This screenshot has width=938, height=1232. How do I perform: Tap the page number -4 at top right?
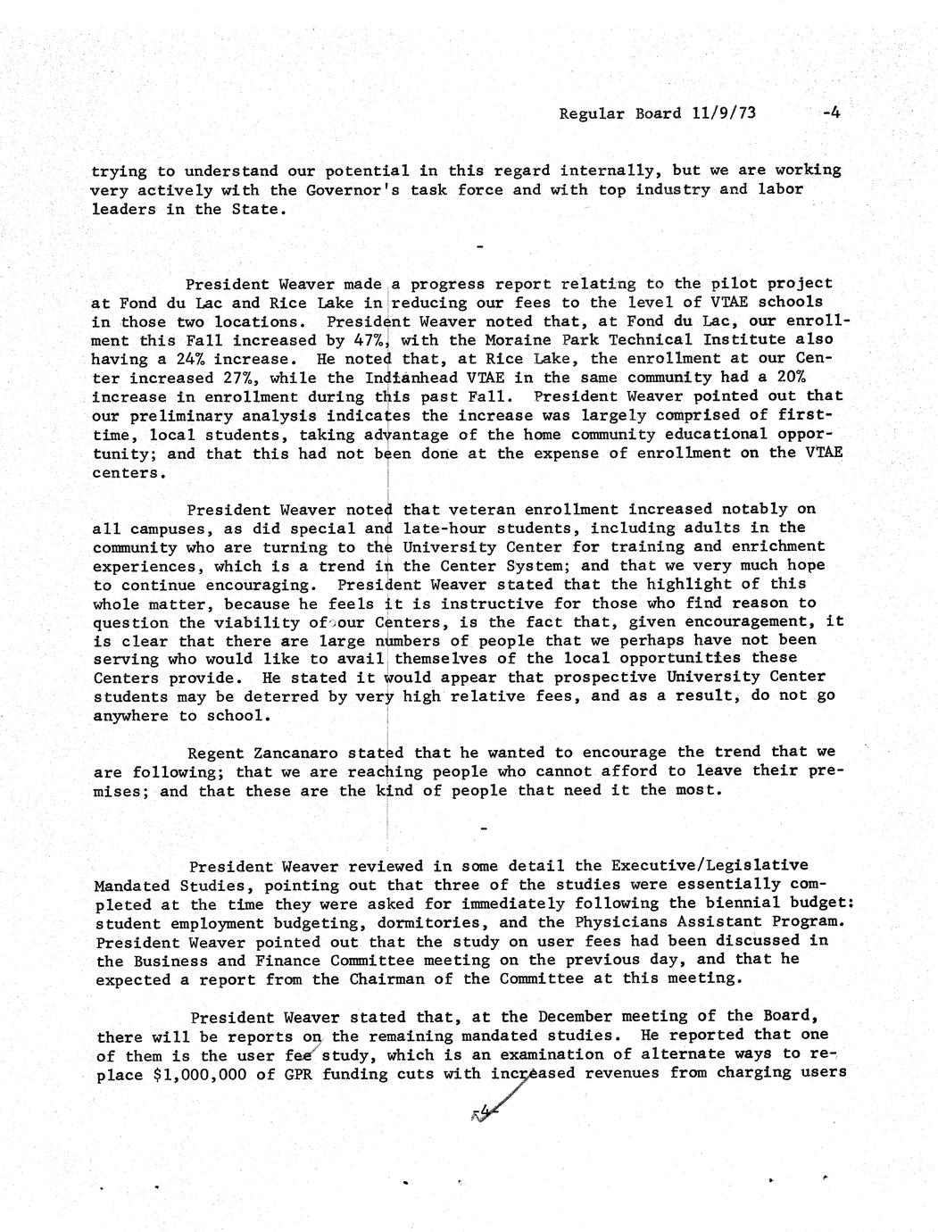(x=832, y=112)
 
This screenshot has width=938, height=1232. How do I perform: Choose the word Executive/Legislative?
(x=710, y=865)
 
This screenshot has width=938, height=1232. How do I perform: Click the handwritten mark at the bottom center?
(x=483, y=1112)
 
